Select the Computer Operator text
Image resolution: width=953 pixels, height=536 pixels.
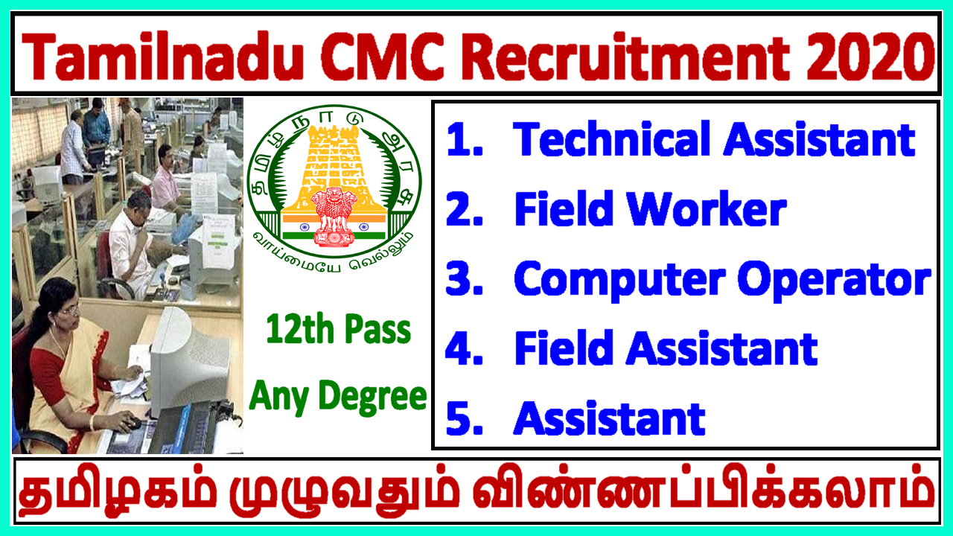pyautogui.click(x=721, y=280)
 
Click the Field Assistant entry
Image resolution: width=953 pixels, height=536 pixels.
pyautogui.click(x=665, y=348)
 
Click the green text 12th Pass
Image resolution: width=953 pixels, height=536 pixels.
pyautogui.click(x=340, y=330)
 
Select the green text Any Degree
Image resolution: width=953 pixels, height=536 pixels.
pyautogui.click(x=338, y=395)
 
